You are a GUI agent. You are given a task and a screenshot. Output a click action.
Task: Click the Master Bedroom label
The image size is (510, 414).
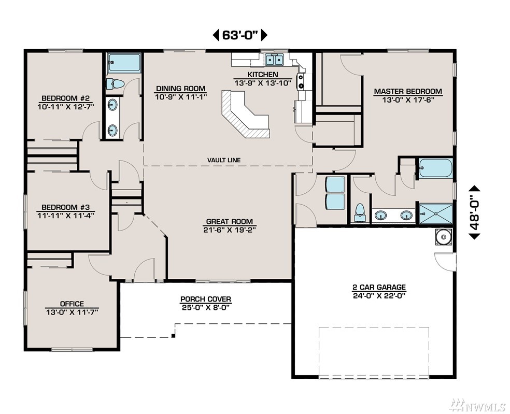click(x=408, y=91)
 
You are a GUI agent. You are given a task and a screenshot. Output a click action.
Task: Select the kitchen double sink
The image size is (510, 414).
click(x=274, y=60)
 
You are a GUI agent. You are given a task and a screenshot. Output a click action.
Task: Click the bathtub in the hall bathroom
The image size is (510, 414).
click(x=124, y=63)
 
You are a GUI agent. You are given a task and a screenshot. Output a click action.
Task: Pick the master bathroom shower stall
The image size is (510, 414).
click(x=435, y=213)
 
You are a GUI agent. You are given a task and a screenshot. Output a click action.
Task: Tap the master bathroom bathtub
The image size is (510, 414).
click(x=435, y=168)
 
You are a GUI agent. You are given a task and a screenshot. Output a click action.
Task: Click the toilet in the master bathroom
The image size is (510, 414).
click(x=360, y=213)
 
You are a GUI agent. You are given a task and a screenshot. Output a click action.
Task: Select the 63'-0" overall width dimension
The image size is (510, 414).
click(x=240, y=35)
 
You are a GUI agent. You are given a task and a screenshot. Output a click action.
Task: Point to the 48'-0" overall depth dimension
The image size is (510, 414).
click(x=475, y=212)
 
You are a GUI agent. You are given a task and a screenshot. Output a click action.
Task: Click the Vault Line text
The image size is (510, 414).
click(x=224, y=160)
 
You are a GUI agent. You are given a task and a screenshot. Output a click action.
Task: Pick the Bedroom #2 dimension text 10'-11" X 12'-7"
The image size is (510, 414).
click(x=66, y=107)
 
